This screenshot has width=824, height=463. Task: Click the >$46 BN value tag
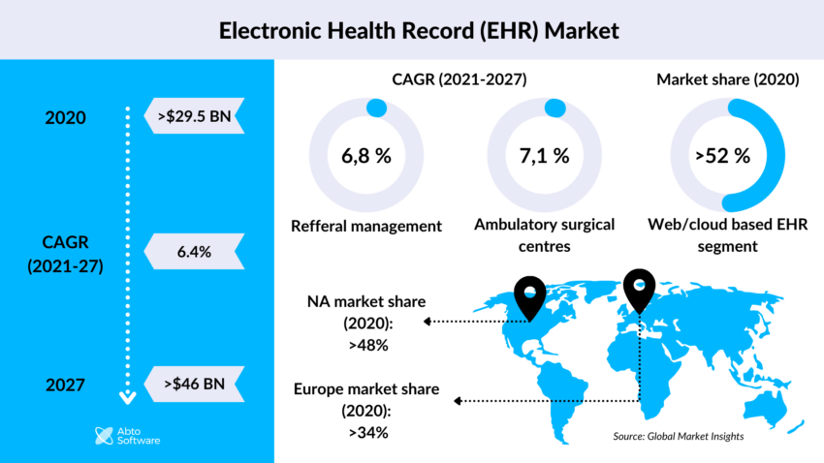coord(191,384)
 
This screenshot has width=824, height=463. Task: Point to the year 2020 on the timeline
coord(66,118)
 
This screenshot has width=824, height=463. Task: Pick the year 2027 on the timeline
coord(66,385)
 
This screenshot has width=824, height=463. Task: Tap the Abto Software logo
coord(127,436)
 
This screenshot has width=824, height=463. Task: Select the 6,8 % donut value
coord(365,155)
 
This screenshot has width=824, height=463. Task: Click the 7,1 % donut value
coord(543,155)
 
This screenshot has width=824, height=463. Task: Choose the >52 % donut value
coord(722,155)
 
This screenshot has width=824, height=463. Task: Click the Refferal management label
coord(366,226)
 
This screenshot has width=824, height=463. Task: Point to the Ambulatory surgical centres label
coord(544,235)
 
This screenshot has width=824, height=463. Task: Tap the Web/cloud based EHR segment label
coord(722,235)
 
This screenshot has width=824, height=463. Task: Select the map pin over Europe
coord(639,289)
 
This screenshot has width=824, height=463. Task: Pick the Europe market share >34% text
coord(365,410)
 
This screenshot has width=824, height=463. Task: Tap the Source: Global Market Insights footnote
coord(678,437)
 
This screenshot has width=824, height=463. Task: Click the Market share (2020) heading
coord(727,80)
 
